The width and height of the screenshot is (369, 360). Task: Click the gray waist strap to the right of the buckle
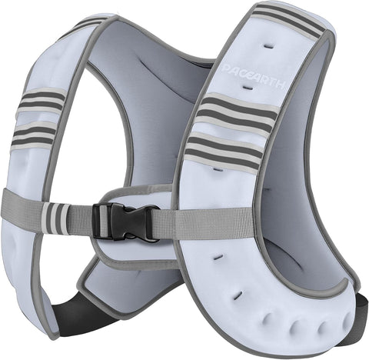coord(192,223)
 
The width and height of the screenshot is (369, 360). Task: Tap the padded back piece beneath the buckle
coord(135,254)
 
